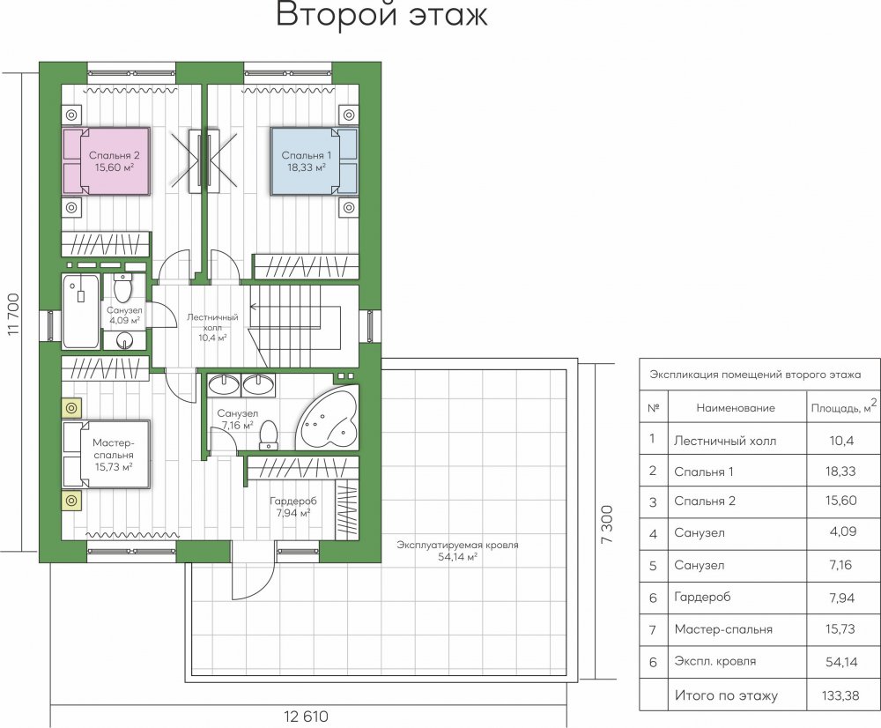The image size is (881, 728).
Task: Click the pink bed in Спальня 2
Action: [x=107, y=161]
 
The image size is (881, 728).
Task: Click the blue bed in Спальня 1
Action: [x=315, y=161]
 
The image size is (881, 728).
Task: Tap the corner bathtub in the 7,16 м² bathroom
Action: [x=327, y=417]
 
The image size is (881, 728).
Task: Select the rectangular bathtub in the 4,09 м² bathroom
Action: [x=81, y=311]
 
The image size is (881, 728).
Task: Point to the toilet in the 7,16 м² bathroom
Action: [x=269, y=435]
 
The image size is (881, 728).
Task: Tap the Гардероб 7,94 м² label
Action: [x=292, y=507]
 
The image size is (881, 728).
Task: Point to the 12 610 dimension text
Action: [x=306, y=717]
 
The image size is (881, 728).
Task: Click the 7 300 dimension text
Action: [x=607, y=524]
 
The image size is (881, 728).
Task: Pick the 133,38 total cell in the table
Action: [x=840, y=695]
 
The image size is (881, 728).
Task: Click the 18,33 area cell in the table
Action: [x=840, y=472]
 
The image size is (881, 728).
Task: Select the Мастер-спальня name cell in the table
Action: [x=723, y=629]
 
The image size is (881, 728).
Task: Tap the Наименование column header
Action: [x=736, y=408]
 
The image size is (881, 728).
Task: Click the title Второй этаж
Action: [x=382, y=15]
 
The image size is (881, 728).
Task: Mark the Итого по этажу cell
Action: [x=726, y=696]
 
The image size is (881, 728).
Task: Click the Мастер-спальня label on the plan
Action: [x=113, y=455]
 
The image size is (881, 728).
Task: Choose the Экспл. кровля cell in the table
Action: [x=715, y=662]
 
